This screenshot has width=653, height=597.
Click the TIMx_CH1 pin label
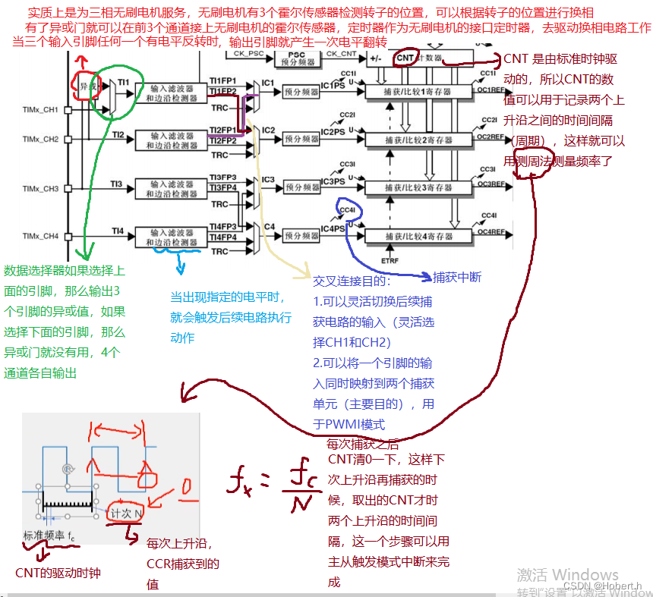point(40,111)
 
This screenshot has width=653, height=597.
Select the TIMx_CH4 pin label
point(40,236)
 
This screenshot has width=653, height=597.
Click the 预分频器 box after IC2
point(302,139)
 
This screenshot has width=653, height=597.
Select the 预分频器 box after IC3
point(302,187)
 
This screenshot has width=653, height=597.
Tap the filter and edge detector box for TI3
point(170,187)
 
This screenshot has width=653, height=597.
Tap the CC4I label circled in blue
point(349,210)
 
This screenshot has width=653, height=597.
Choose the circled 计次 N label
point(127,513)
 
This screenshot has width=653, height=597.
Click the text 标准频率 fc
point(49,536)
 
